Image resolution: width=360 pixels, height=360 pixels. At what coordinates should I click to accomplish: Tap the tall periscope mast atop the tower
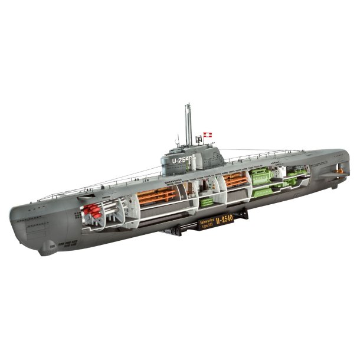(x=188, y=124)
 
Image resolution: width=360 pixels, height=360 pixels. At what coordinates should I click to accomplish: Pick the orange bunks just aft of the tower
(x=236, y=180)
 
